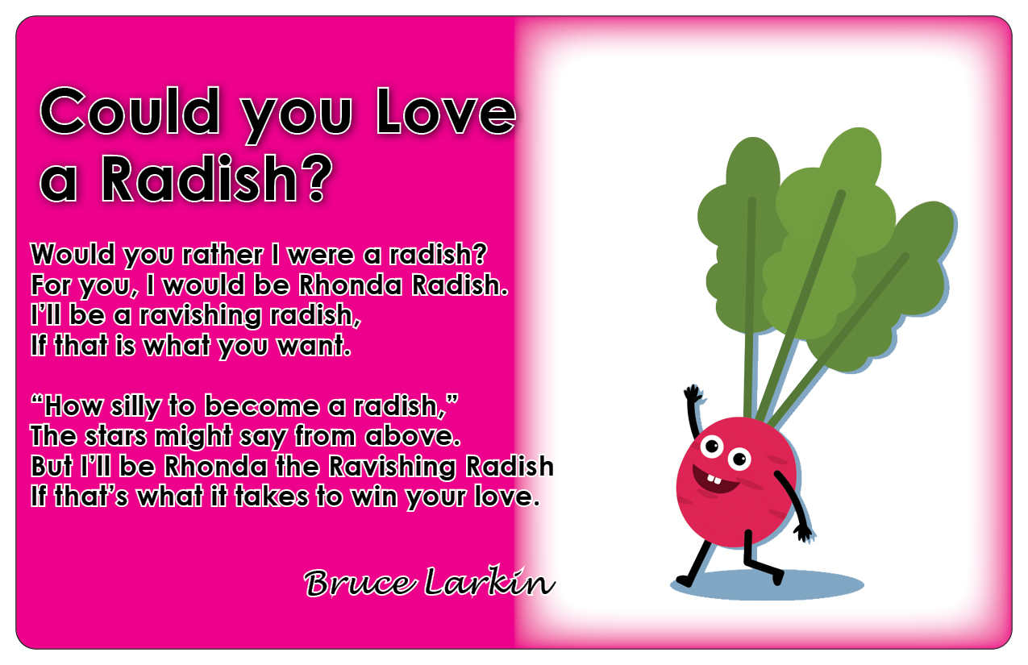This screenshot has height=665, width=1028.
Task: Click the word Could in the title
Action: [130, 110]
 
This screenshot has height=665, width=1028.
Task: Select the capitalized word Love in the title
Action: [445, 110]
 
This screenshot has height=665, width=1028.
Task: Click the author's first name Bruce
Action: [360, 583]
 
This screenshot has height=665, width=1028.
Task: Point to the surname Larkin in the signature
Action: [489, 581]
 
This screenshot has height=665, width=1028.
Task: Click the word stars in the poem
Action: [115, 436]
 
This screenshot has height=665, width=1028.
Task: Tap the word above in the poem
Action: [413, 436]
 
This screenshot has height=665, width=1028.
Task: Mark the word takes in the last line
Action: [271, 497]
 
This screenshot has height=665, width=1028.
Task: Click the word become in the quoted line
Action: [261, 405]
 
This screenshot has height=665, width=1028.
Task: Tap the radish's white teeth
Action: [714, 479]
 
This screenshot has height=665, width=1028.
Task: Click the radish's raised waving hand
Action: [693, 395]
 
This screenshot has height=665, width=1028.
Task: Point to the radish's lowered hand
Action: [804, 534]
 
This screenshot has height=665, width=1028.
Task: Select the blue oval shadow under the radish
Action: [768, 585]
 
